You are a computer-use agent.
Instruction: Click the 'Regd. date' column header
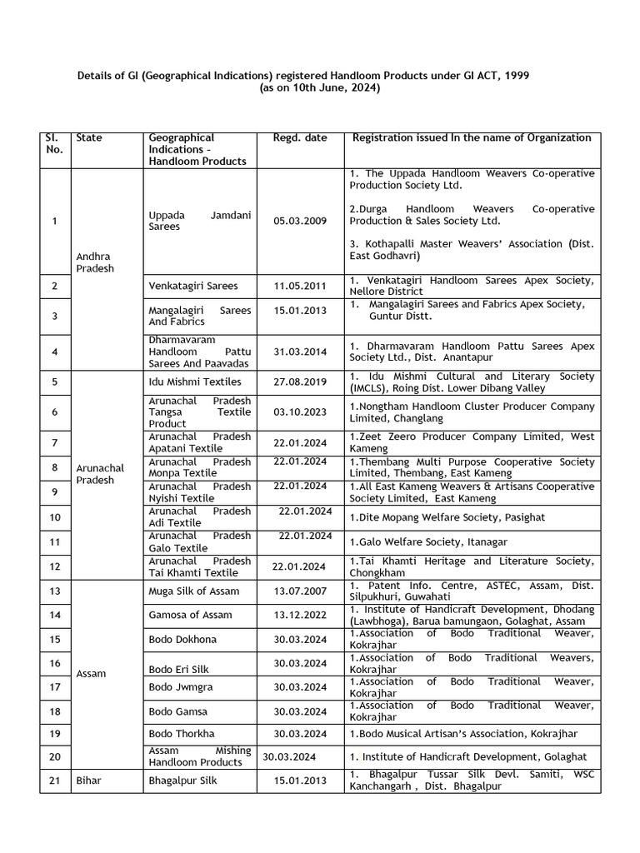tap(300, 137)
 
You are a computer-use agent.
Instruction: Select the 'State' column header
tap(89, 137)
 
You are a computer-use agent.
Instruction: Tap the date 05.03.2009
tap(300, 221)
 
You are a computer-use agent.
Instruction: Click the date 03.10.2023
tap(300, 412)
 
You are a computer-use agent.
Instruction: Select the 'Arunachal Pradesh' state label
tap(99, 474)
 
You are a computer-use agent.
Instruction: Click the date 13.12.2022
tap(300, 615)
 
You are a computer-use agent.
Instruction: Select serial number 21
tap(54, 781)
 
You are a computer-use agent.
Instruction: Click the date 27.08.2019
tap(300, 382)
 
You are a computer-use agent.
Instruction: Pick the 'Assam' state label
tap(90, 673)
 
